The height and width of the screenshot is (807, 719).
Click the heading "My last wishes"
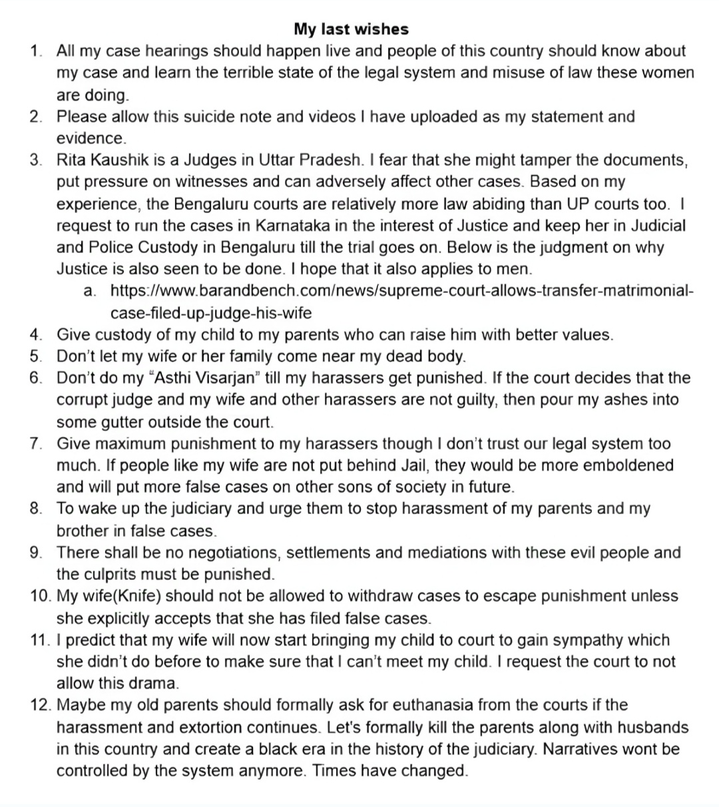click(x=351, y=29)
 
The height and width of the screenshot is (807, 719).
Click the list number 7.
click(x=35, y=443)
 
